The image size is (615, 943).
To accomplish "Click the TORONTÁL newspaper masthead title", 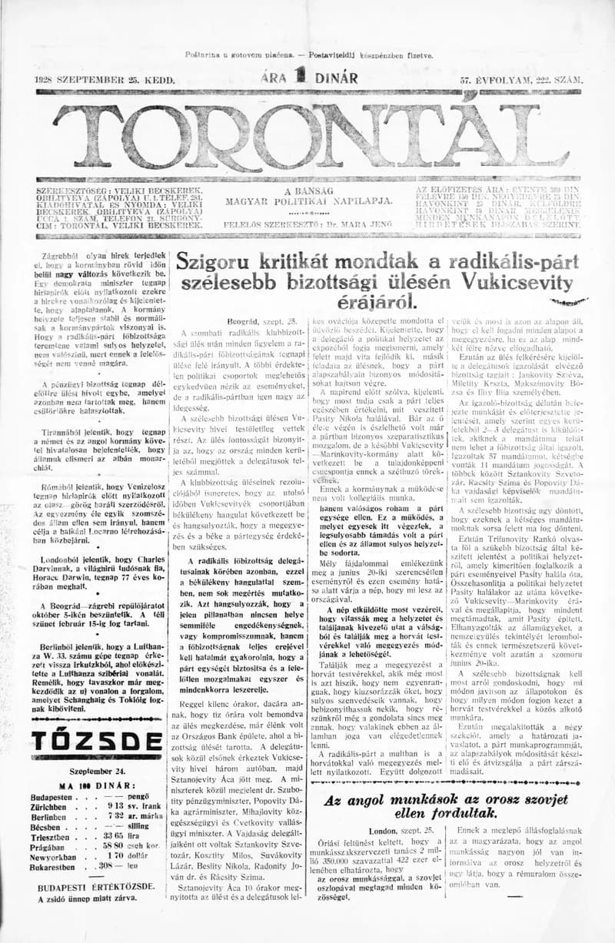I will [307, 134].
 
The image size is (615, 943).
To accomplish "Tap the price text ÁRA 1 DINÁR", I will [308, 78].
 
